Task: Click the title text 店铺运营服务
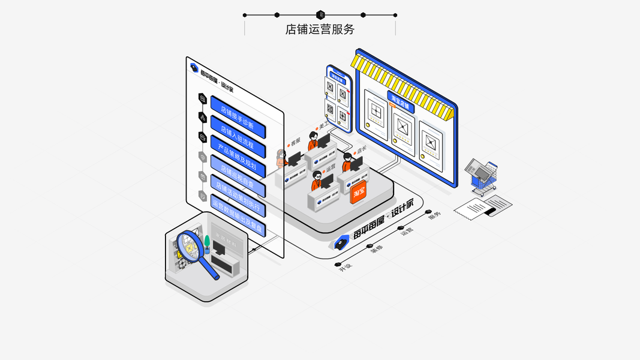[x=320, y=29]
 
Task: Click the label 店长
[x=362, y=149]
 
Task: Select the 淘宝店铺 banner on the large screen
[x=400, y=101]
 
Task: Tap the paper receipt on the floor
[x=483, y=207]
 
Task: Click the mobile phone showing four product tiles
[x=338, y=98]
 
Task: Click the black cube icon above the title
[x=320, y=15]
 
